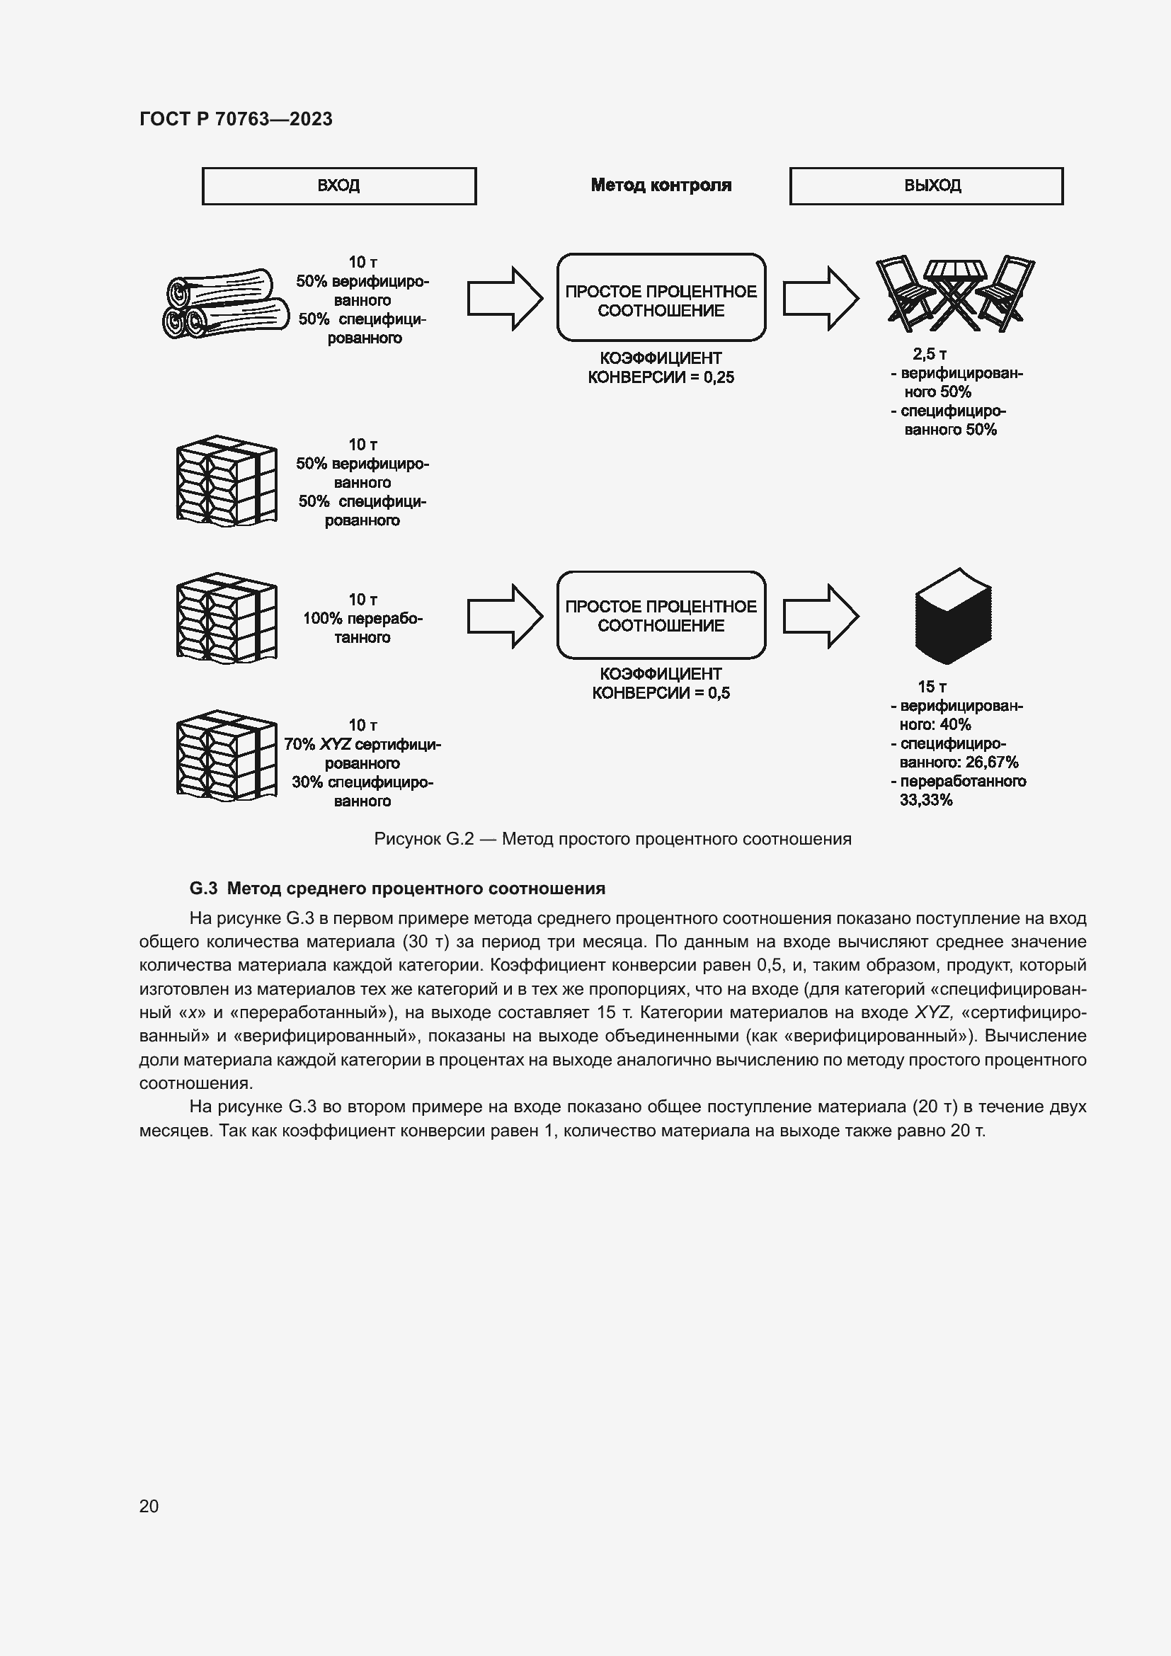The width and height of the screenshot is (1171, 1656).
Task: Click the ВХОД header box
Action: [339, 186]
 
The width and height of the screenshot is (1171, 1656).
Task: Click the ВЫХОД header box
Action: [926, 186]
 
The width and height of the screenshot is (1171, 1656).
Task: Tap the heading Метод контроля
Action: [661, 185]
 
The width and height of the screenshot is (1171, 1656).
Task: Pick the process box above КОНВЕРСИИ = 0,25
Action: [661, 297]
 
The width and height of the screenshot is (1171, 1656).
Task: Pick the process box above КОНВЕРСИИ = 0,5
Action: [661, 615]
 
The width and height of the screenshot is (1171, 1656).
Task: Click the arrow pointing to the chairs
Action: [821, 299]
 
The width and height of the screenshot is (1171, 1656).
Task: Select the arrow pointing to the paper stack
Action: [821, 616]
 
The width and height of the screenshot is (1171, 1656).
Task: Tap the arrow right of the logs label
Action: [505, 299]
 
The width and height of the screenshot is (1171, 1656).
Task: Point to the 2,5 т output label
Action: [930, 354]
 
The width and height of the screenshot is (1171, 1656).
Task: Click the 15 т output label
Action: [932, 687]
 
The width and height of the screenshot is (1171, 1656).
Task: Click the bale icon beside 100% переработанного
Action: [227, 618]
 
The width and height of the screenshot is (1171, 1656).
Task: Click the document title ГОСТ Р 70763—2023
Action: [236, 119]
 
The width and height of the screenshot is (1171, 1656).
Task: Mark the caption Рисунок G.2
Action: [423, 839]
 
